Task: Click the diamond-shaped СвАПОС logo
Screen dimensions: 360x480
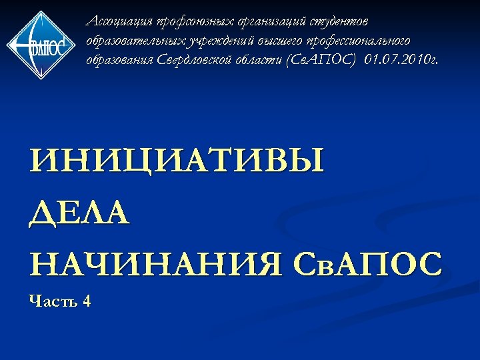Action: (41, 44)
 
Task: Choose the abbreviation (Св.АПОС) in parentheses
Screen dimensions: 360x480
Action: (320, 61)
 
